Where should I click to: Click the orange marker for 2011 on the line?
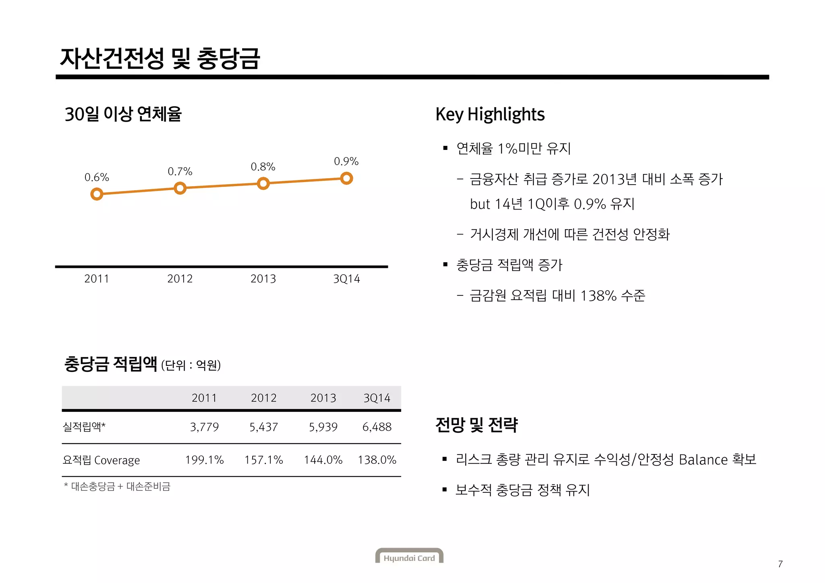[x=97, y=195]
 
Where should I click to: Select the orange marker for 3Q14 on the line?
[x=346, y=178]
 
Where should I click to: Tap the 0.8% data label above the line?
[x=263, y=166]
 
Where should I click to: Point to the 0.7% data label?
[x=180, y=172]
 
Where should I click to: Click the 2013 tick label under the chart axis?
[x=263, y=279]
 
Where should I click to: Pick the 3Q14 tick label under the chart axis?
[x=346, y=279]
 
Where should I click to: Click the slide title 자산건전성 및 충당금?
[x=160, y=58]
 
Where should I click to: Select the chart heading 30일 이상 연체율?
[x=123, y=114]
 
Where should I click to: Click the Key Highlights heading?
[x=490, y=114]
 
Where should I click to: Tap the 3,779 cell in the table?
[x=204, y=427]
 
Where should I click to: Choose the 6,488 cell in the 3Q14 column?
[x=377, y=427]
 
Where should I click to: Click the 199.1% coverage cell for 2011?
[x=204, y=460]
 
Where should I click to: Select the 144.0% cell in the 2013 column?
[x=323, y=460]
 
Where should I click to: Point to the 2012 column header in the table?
[x=263, y=398]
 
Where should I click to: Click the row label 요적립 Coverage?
[x=102, y=460]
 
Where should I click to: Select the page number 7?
[x=780, y=564]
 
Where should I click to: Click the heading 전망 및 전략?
[x=477, y=425]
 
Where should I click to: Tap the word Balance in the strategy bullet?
[x=703, y=460]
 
